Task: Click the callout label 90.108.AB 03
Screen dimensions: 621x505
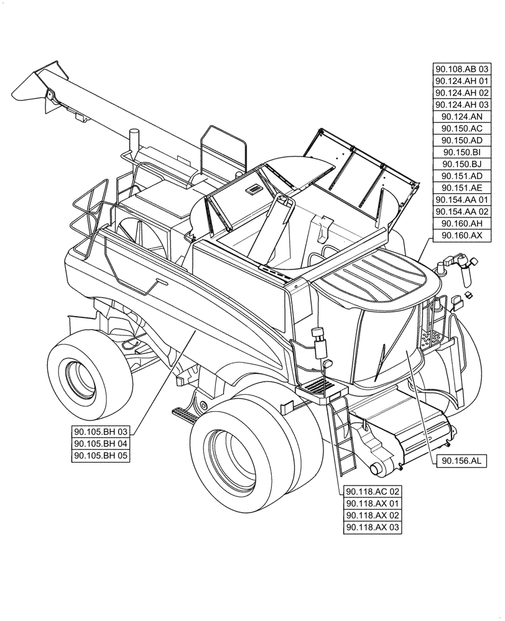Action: click(x=462, y=69)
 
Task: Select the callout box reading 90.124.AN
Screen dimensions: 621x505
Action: click(x=462, y=116)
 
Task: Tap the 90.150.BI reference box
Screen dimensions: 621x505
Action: click(x=462, y=152)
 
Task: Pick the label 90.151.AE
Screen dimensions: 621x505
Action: click(x=462, y=188)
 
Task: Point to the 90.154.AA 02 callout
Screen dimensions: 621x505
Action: click(x=462, y=212)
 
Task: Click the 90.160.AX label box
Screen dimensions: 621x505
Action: click(x=462, y=235)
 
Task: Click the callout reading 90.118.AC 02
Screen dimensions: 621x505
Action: click(x=373, y=492)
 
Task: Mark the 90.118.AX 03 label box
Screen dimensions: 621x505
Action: click(x=373, y=527)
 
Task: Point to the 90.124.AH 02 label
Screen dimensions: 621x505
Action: click(x=462, y=93)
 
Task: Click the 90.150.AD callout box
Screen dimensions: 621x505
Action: click(x=462, y=140)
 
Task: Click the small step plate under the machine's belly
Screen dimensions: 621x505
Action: click(x=185, y=412)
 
